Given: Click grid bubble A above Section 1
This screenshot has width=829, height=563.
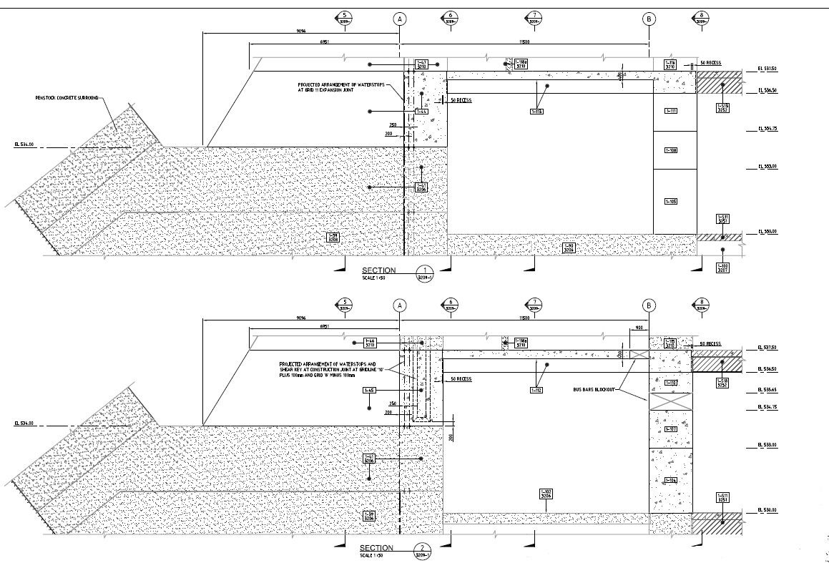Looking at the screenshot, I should (399, 19).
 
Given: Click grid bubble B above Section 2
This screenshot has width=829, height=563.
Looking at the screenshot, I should (649, 305).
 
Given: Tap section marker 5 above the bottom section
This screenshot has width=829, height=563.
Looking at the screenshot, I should (345, 304).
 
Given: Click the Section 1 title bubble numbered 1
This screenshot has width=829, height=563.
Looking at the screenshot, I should (425, 272).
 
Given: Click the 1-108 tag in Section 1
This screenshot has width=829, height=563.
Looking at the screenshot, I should (671, 150).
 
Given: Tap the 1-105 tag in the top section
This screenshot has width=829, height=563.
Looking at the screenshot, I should (671, 202).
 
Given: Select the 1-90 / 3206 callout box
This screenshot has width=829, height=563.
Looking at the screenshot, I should (569, 248).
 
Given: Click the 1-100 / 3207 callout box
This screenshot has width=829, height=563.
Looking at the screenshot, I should (722, 268).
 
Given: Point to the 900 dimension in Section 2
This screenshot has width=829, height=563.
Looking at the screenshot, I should (639, 328).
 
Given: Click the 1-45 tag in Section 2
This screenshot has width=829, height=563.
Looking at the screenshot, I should (369, 390).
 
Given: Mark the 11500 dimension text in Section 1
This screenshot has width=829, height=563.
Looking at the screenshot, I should (525, 42).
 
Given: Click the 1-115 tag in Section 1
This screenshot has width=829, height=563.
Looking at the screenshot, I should (536, 111).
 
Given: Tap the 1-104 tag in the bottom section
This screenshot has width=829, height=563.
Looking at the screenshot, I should (671, 480).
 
